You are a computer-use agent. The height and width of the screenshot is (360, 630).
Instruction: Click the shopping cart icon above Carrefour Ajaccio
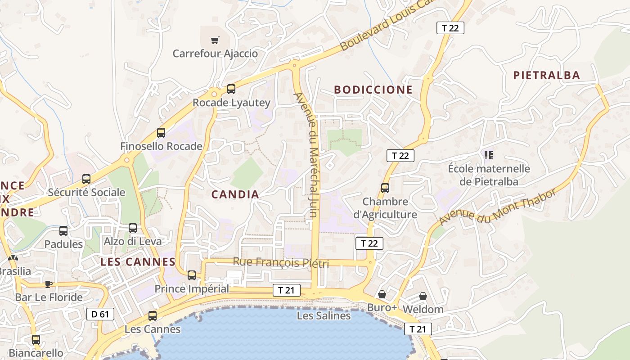[215, 40]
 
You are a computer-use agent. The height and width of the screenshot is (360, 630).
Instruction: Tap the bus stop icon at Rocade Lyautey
[231, 89]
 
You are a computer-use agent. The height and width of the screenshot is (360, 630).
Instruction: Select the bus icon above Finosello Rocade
[161, 133]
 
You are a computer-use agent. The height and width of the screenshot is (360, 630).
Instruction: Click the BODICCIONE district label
[373, 90]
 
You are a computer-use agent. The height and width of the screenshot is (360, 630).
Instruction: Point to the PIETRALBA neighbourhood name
[547, 75]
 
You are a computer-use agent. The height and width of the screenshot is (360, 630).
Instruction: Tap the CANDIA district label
[235, 194]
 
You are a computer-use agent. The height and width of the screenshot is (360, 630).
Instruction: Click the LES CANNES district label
[138, 262]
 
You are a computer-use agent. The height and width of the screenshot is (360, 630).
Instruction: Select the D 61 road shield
[100, 314]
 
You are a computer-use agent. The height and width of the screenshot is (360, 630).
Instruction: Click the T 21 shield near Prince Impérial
[286, 290]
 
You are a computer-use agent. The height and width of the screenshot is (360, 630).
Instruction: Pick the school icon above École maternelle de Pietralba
[489, 156]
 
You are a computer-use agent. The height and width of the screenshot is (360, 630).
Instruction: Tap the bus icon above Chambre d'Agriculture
[385, 188]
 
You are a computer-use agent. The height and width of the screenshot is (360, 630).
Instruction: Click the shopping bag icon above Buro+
[382, 294]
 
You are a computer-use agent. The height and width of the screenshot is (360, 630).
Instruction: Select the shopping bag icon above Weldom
[423, 296]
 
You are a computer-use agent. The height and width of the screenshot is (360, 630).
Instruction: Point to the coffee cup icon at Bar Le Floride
[49, 284]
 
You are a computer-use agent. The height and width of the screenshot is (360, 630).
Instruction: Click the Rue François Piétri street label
[280, 262]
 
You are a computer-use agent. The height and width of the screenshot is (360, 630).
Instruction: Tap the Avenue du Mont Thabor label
[497, 207]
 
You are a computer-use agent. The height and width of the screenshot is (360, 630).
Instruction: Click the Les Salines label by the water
[324, 316]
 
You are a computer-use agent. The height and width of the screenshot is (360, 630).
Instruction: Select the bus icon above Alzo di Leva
[133, 228]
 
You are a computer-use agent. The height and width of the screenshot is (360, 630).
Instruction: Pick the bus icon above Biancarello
[36, 340]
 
